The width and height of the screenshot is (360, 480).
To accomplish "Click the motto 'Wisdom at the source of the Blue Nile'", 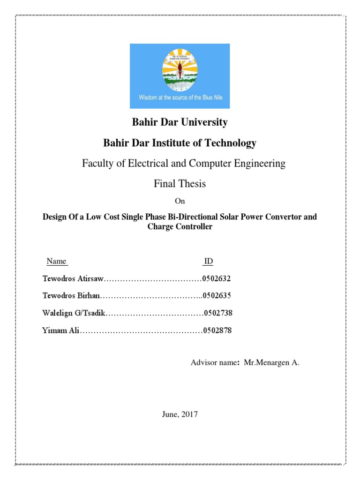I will click(x=180, y=98).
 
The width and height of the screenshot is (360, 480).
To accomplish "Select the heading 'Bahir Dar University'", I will click(x=180, y=122).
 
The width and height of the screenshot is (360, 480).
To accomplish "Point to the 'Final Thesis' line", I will click(x=180, y=184).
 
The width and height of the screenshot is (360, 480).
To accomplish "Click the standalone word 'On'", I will click(x=180, y=201).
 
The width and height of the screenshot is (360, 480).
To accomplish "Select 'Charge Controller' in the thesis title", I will click(x=180, y=227).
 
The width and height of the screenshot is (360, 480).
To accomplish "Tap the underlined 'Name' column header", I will click(x=56, y=261).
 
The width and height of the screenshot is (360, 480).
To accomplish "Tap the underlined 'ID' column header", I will click(x=208, y=261).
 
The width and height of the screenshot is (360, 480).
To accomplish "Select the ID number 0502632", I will click(x=217, y=278).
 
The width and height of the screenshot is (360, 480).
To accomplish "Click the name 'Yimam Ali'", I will click(x=60, y=331).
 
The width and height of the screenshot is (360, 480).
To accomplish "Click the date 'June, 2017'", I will click(x=180, y=414).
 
